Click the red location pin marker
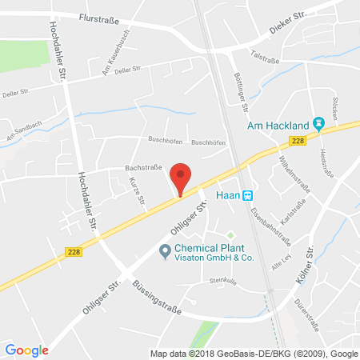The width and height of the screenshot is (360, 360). [182, 178]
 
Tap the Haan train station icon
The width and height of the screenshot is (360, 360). [248, 194]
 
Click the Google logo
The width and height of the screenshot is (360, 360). [27, 350]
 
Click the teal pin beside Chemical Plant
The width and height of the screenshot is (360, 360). [166, 252]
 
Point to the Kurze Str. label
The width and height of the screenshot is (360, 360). [135, 193]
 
